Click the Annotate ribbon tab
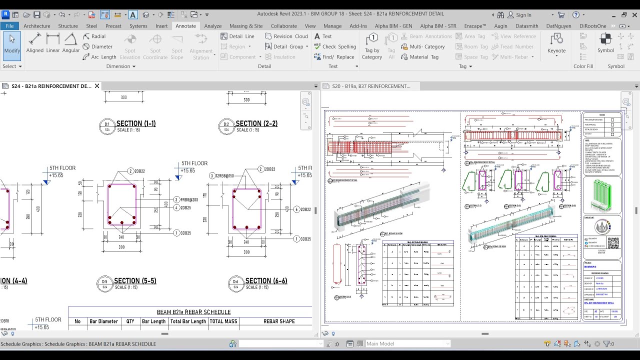(x=185, y=26)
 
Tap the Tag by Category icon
(x=372, y=39)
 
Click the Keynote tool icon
(x=556, y=39)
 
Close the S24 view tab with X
(x=97, y=86)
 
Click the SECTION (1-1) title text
(x=135, y=123)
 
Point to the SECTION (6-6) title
(x=266, y=281)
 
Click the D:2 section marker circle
(x=226, y=126)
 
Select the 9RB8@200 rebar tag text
(x=189, y=199)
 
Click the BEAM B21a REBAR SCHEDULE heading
(x=193, y=312)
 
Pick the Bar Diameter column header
(x=104, y=321)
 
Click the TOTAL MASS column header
(x=223, y=321)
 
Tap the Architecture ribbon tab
(x=37, y=26)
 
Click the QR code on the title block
(x=613, y=243)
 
